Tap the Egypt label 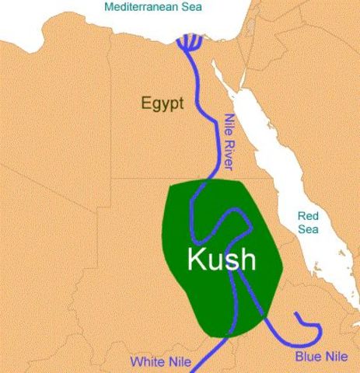click(x=162, y=103)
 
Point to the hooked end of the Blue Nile click(x=298, y=315)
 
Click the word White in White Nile click(x=145, y=361)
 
